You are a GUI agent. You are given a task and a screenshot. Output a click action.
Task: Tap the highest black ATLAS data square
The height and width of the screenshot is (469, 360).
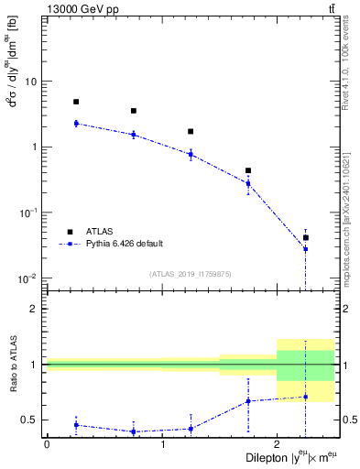[x=76, y=102]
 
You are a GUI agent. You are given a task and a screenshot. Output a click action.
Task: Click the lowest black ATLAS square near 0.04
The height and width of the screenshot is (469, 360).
[x=306, y=237]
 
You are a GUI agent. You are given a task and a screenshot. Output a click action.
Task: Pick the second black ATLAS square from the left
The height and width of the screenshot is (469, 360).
[x=134, y=111]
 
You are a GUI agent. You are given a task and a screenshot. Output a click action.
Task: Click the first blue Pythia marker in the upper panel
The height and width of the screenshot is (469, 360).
[x=76, y=123]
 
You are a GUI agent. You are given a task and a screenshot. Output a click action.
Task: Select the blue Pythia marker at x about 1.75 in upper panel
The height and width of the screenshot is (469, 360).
[x=248, y=183]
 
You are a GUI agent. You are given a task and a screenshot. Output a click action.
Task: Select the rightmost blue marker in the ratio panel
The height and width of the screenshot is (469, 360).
[x=306, y=397]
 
